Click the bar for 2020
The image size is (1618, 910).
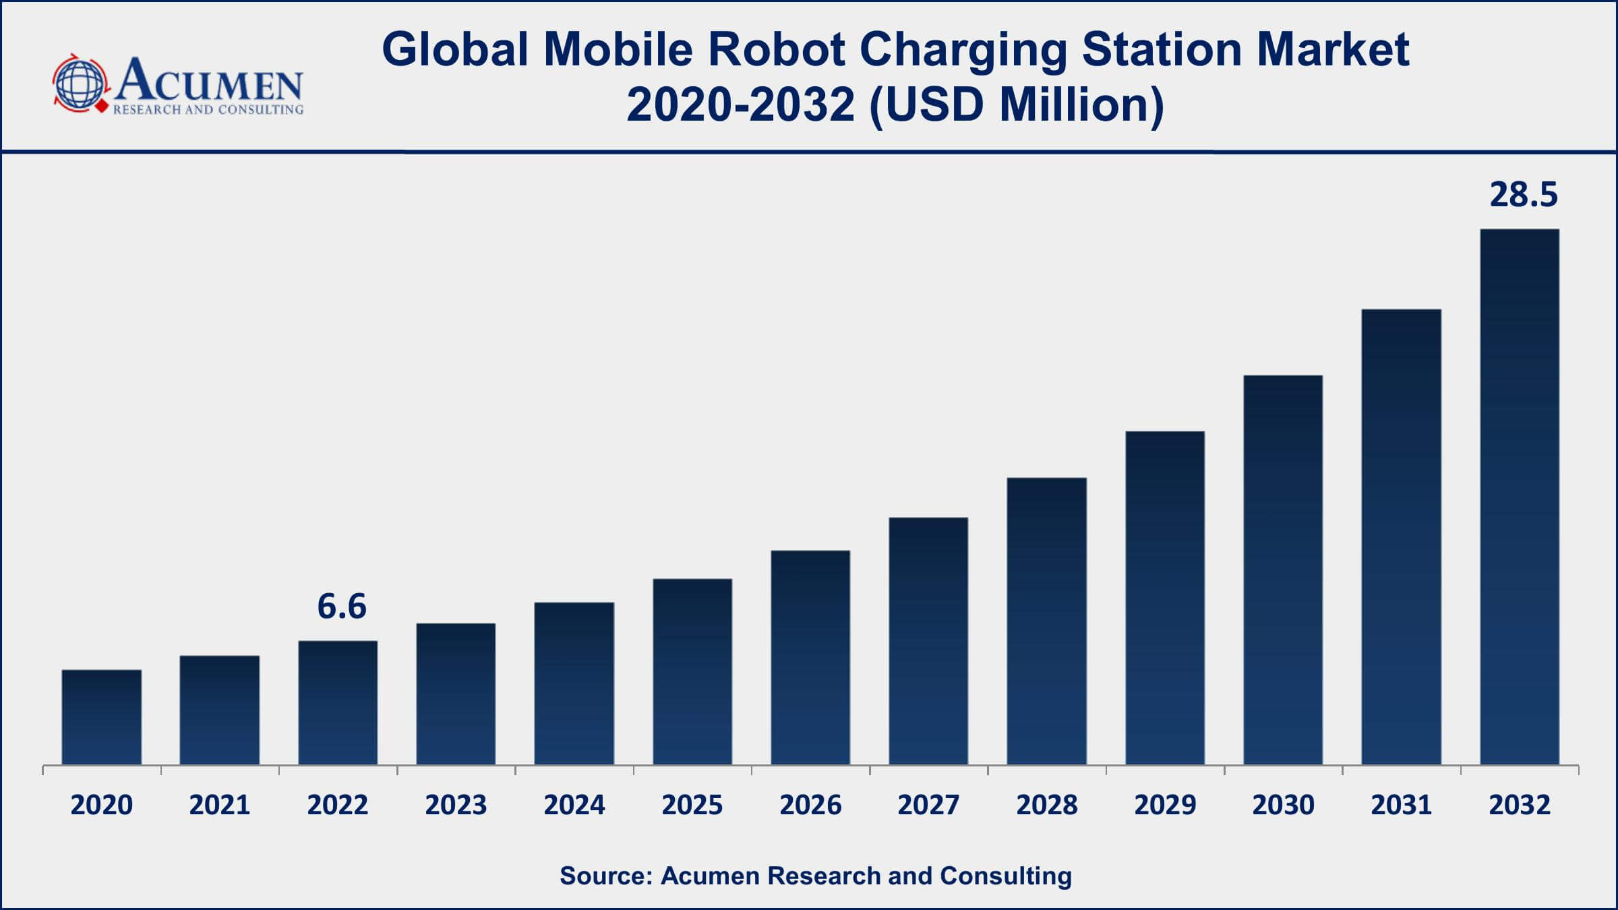click(101, 717)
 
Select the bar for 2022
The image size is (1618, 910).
click(338, 702)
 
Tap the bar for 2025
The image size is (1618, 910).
click(692, 671)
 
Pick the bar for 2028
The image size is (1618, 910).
click(1047, 621)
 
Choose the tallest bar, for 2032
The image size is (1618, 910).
click(1520, 497)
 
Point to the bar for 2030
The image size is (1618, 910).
click(1283, 570)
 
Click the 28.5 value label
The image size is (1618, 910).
click(1524, 195)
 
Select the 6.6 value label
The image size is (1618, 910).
click(342, 607)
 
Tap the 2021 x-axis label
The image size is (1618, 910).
click(220, 805)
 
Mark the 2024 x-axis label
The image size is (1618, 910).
click(574, 805)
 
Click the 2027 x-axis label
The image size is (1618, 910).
click(928, 805)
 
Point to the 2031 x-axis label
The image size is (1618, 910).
click(1401, 805)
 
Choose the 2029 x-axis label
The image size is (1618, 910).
click(1165, 805)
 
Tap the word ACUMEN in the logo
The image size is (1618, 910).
click(209, 81)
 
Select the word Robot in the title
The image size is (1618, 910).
click(776, 50)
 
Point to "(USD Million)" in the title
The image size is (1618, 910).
click(1017, 106)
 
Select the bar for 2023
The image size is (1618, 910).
click(456, 694)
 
